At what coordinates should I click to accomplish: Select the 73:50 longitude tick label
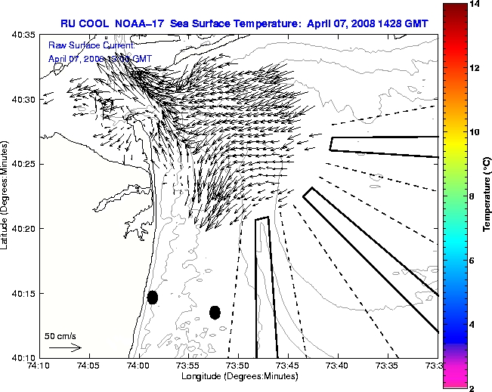(x=238, y=366)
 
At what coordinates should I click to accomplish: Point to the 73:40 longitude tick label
(x=337, y=366)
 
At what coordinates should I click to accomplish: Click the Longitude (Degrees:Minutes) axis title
(x=237, y=375)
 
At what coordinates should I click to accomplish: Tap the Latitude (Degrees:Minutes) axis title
(x=6, y=196)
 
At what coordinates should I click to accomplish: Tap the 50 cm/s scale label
(x=60, y=335)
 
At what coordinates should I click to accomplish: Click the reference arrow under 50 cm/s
(x=65, y=347)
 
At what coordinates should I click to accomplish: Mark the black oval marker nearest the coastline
(x=152, y=297)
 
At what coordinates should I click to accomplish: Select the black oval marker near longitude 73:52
(x=215, y=312)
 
